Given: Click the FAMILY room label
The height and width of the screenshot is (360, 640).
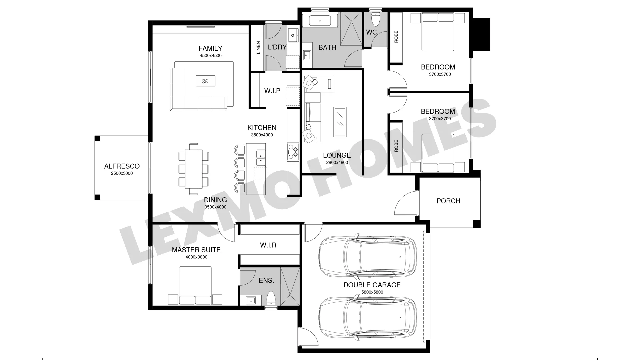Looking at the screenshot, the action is click(210, 48).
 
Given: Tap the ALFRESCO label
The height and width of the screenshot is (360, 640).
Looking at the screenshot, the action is click(122, 166).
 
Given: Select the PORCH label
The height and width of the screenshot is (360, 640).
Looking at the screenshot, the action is click(448, 201).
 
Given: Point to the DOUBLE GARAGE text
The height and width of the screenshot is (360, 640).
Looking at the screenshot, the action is click(372, 285).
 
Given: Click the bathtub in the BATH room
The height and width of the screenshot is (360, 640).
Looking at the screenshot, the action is click(320, 21).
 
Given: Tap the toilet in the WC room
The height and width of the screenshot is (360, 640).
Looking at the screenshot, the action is click(376, 20).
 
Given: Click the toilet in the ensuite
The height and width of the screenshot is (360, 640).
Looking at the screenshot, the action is click(271, 298).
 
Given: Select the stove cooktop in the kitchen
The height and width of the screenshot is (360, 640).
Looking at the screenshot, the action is click(293, 152).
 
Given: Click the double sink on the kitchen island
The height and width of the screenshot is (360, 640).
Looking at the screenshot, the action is click(260, 158).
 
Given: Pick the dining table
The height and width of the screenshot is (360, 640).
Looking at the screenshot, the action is click(194, 169).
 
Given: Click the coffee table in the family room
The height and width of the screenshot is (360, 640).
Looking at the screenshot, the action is click(205, 81).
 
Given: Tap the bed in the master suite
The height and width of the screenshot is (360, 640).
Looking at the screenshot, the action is click(195, 285).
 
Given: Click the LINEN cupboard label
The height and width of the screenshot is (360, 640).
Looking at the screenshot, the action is click(258, 48).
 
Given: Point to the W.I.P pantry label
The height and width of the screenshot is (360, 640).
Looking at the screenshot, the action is click(272, 91).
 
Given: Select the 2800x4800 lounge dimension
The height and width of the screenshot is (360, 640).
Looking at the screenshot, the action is click(337, 163).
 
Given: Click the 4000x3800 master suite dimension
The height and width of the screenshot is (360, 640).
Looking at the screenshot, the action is click(196, 257).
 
